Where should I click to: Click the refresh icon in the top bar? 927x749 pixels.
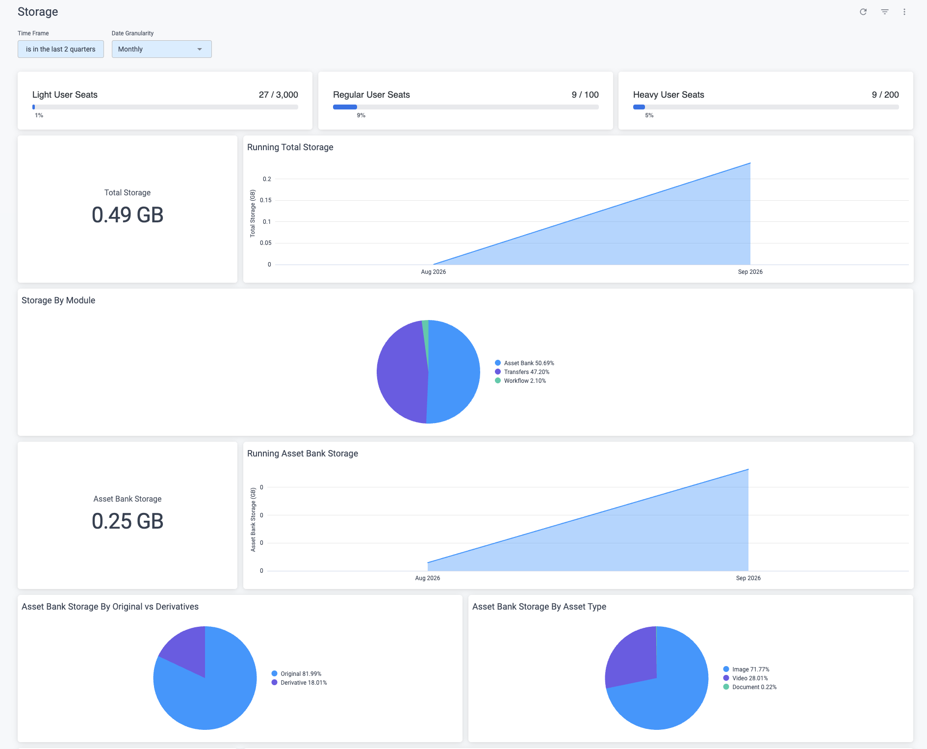863,12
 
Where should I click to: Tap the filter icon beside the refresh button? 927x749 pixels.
885,12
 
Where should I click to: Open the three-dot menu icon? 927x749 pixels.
904,12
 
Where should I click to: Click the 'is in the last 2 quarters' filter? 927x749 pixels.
61,49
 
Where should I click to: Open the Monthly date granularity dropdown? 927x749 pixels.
162,49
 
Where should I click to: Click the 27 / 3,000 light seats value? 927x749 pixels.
279,95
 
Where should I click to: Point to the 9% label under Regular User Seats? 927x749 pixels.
361,115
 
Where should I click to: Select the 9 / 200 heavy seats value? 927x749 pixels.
885,95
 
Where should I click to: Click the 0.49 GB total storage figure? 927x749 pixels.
128,215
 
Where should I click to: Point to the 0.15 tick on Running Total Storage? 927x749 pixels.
265,200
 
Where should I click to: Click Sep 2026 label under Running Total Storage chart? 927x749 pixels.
750,272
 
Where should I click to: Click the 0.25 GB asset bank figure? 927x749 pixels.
128,521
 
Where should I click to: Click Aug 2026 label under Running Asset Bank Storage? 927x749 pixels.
427,578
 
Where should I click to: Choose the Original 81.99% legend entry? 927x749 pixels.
296,674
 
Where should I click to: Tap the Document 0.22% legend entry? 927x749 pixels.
750,687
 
